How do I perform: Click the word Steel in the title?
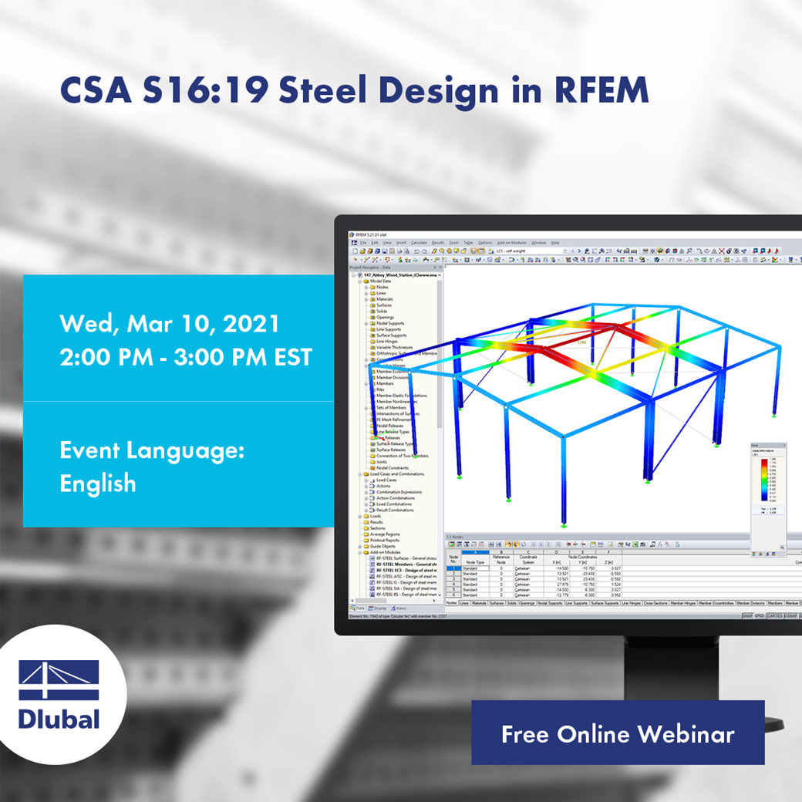pyautogui.click(x=322, y=91)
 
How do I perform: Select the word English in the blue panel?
pyautogui.click(x=98, y=484)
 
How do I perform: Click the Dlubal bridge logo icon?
pyautogui.click(x=59, y=680)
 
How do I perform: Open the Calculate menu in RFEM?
pyautogui.click(x=419, y=243)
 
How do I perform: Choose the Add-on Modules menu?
pyautogui.click(x=511, y=243)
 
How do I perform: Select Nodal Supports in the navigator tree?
pyautogui.click(x=389, y=323)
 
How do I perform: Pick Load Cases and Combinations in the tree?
pyautogui.click(x=399, y=474)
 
